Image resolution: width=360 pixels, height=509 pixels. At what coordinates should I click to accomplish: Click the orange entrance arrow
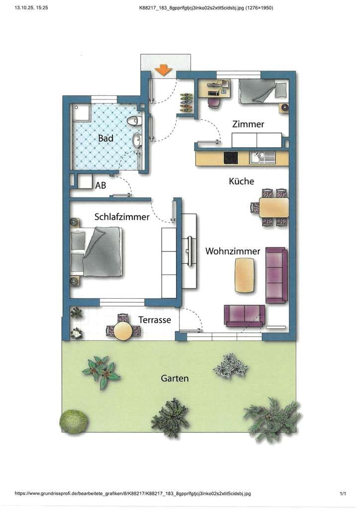163,71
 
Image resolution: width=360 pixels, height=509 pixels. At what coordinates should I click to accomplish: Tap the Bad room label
105,138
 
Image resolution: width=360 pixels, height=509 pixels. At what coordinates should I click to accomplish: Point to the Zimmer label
248,124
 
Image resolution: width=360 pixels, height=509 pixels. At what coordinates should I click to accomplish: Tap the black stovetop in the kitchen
231,158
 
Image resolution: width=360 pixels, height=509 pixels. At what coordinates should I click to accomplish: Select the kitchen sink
262,158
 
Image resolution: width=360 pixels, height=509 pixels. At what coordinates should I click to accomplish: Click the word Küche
241,181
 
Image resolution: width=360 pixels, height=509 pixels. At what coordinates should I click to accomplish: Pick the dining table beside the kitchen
273,207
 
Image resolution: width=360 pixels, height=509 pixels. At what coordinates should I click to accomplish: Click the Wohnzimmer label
233,251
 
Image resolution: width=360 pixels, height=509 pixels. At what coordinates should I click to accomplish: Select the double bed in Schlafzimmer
96,252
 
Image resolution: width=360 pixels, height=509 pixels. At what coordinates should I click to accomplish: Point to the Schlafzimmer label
122,217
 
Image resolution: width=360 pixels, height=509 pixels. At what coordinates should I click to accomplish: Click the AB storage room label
100,185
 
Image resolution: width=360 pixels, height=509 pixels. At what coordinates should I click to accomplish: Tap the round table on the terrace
123,331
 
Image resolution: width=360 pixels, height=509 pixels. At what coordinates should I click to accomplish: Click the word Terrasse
155,320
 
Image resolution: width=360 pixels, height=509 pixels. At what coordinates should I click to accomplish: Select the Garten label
175,378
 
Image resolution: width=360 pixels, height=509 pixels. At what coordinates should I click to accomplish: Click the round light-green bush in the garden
74,422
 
